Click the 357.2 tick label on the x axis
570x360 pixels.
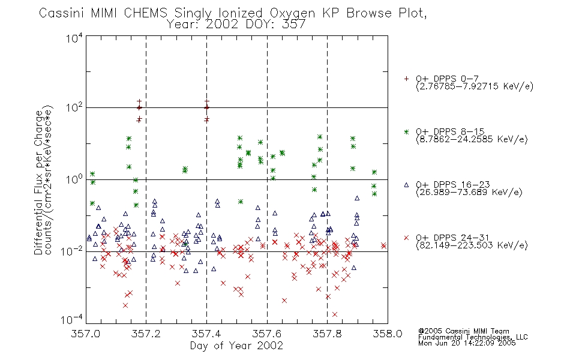(x=146, y=334)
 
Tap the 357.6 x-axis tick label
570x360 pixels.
(x=267, y=334)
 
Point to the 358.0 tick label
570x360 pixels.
(x=388, y=334)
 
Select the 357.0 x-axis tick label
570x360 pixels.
(x=85, y=334)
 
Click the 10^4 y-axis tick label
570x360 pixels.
(x=74, y=38)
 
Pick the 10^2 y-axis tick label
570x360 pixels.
(x=74, y=108)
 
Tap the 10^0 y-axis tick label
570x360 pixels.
(x=74, y=179)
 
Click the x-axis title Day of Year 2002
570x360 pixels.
(x=236, y=346)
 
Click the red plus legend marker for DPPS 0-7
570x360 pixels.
(x=406, y=79)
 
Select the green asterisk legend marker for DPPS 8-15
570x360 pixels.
(x=406, y=131)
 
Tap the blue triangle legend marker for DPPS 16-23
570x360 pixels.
(x=406, y=185)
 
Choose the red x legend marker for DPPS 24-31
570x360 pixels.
(x=406, y=238)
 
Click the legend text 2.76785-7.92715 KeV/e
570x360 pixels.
(x=475, y=86)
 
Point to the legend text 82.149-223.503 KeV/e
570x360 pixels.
(x=472, y=245)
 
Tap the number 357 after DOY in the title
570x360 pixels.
(x=294, y=25)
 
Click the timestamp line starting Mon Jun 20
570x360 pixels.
(x=467, y=343)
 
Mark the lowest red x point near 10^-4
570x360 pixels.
(x=334, y=314)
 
